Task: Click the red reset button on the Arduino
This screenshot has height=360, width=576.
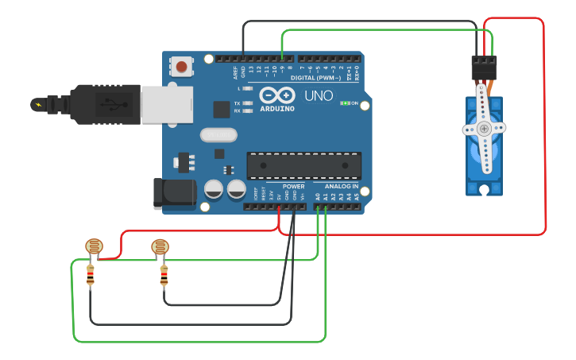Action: (x=182, y=67)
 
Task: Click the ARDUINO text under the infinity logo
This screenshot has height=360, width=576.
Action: (x=276, y=108)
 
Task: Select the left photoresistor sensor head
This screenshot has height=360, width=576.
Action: (x=94, y=246)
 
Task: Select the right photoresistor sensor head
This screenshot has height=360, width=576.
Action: (x=160, y=246)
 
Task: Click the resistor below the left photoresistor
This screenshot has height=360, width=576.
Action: (x=90, y=276)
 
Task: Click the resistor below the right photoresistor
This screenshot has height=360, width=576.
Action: (x=164, y=276)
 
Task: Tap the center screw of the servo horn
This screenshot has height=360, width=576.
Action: (x=484, y=128)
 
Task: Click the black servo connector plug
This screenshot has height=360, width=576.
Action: (x=484, y=68)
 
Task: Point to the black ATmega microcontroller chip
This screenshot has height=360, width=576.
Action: (x=304, y=165)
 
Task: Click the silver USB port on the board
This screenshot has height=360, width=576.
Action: (x=167, y=104)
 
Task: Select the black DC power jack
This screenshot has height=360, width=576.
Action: (x=174, y=193)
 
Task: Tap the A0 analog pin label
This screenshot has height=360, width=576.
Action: (x=317, y=195)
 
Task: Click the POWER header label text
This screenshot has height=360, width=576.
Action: (x=293, y=187)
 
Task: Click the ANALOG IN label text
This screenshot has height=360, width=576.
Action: (x=342, y=187)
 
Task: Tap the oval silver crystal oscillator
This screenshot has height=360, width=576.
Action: (x=218, y=135)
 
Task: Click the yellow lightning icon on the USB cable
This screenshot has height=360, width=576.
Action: (x=37, y=104)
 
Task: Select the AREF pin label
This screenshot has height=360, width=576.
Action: (x=234, y=72)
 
